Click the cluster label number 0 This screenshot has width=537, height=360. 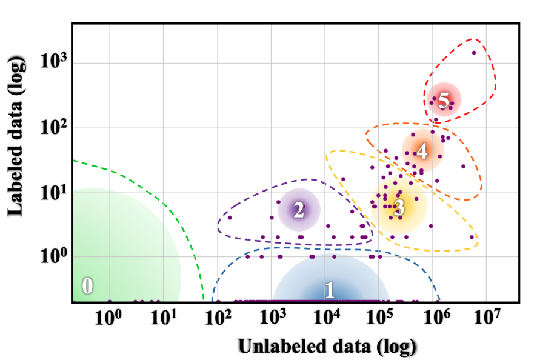coord(87,286)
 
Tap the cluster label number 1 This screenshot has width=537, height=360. coord(329,290)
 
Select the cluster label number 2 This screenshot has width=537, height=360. coord(298,210)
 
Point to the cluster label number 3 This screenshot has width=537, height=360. coord(399,208)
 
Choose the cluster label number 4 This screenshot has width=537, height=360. coord(422,151)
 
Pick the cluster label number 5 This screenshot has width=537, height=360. coord(444,101)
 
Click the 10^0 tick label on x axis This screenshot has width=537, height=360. coord(110,316)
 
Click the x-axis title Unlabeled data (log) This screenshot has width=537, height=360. coord(327,346)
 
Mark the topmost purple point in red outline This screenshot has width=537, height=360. coord(474,53)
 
